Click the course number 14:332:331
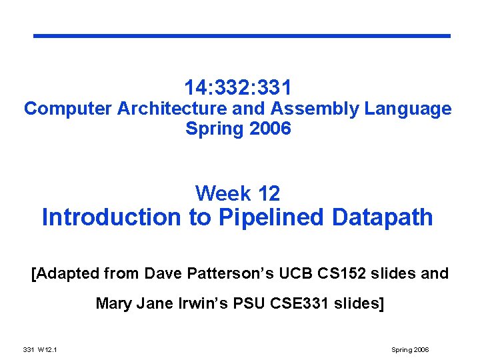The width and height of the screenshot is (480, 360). pyautogui.click(x=238, y=87)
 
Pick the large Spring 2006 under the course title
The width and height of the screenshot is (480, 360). pyautogui.click(x=238, y=129)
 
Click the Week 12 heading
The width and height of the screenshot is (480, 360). pyautogui.click(x=237, y=194)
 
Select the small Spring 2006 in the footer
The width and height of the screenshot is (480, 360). pyautogui.click(x=411, y=350)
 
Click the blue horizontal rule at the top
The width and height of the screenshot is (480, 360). pyautogui.click(x=242, y=36)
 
